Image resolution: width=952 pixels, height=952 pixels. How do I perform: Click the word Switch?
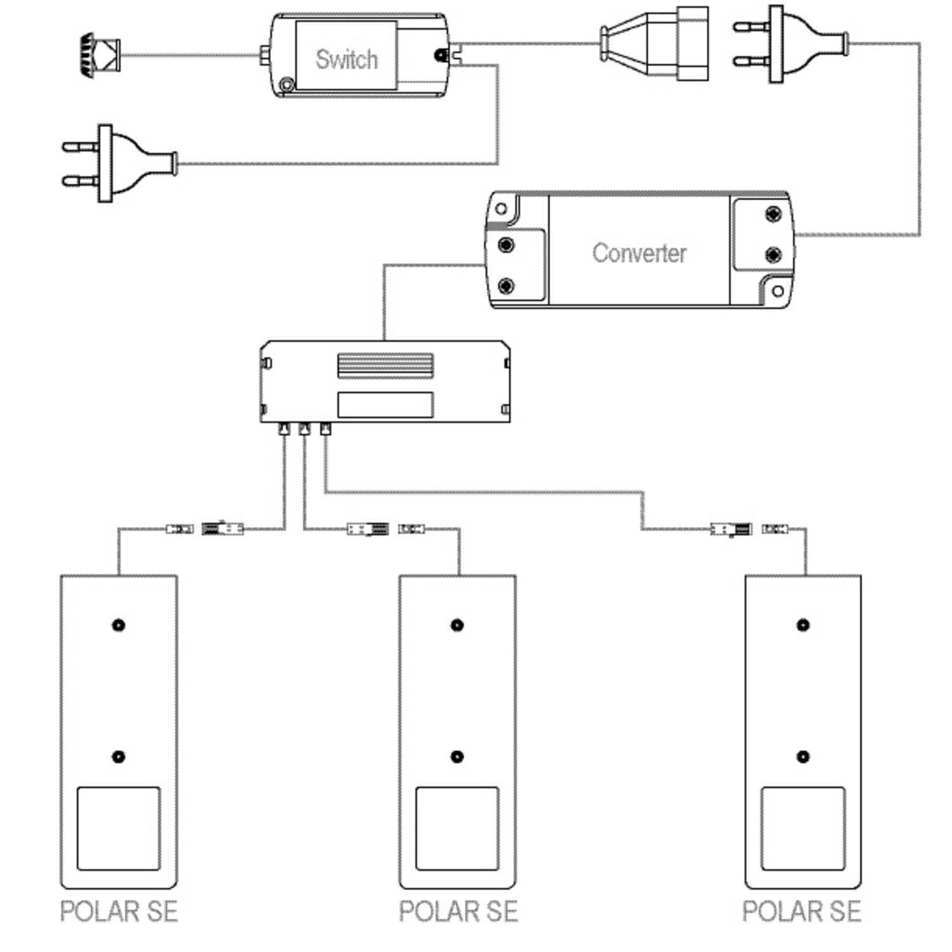pyautogui.click(x=347, y=60)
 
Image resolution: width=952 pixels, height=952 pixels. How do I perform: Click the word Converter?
pyautogui.click(x=639, y=253)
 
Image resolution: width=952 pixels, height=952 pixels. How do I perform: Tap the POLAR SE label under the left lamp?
pyautogui.click(x=119, y=911)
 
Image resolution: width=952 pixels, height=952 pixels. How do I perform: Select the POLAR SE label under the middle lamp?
pyautogui.click(x=458, y=911)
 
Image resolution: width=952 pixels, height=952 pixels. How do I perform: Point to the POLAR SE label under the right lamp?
pyautogui.click(x=802, y=911)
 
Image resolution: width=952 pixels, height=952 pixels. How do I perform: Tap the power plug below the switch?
pyautogui.click(x=119, y=163)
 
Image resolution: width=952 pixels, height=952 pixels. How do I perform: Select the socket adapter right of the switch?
pyautogui.click(x=654, y=43)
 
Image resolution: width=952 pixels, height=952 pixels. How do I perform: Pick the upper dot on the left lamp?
pyautogui.click(x=118, y=625)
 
